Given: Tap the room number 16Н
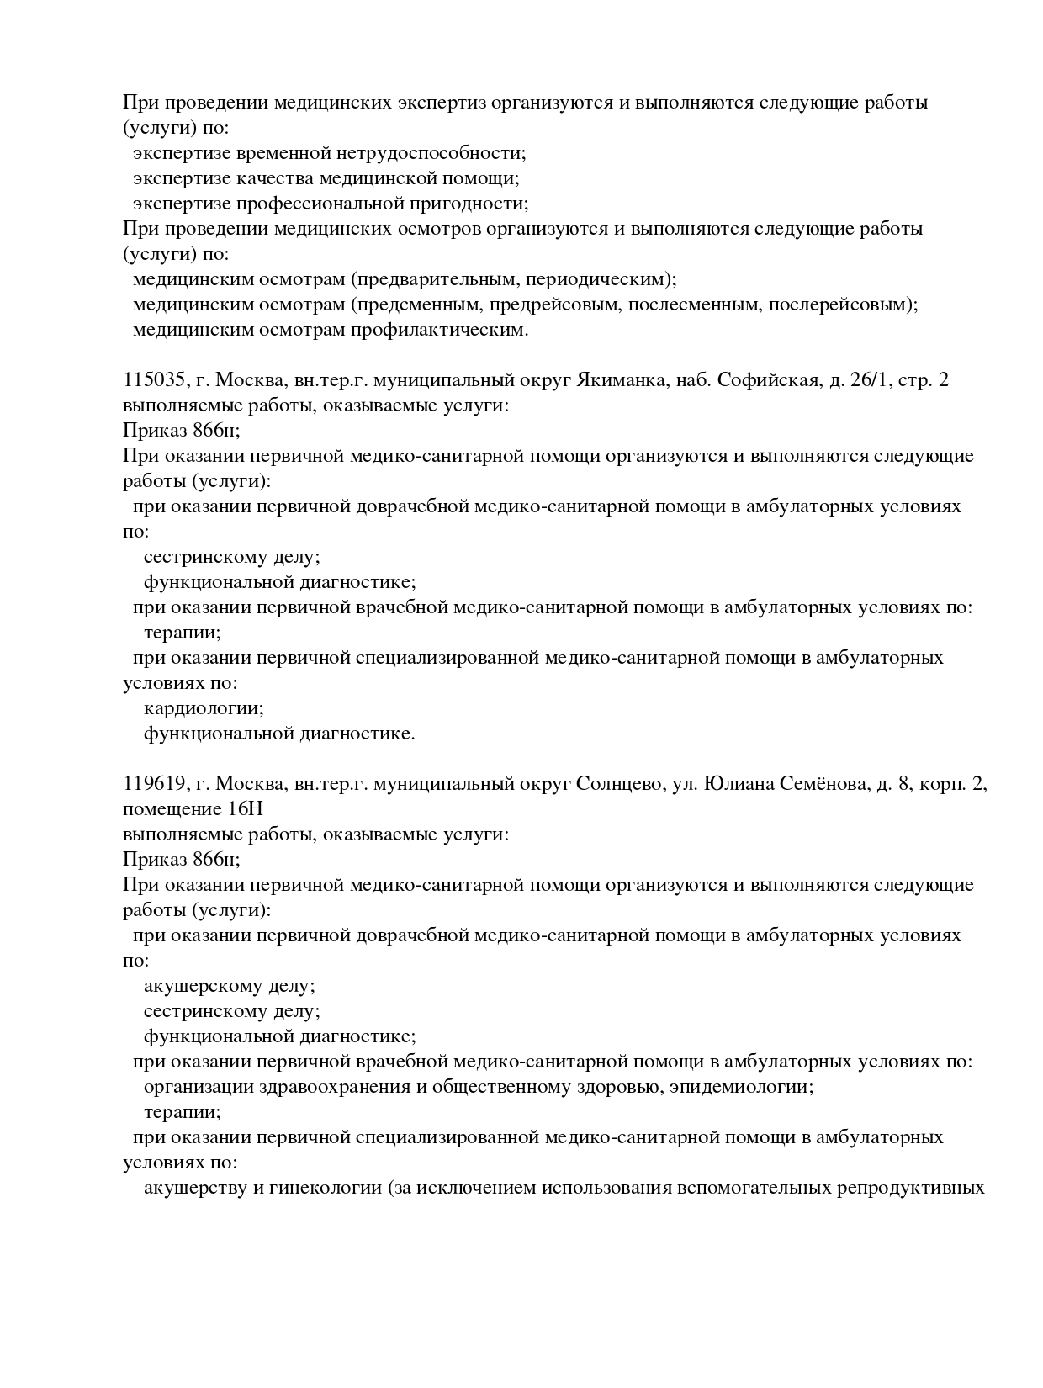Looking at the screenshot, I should (x=245, y=809).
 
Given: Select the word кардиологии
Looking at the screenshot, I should (x=204, y=708).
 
